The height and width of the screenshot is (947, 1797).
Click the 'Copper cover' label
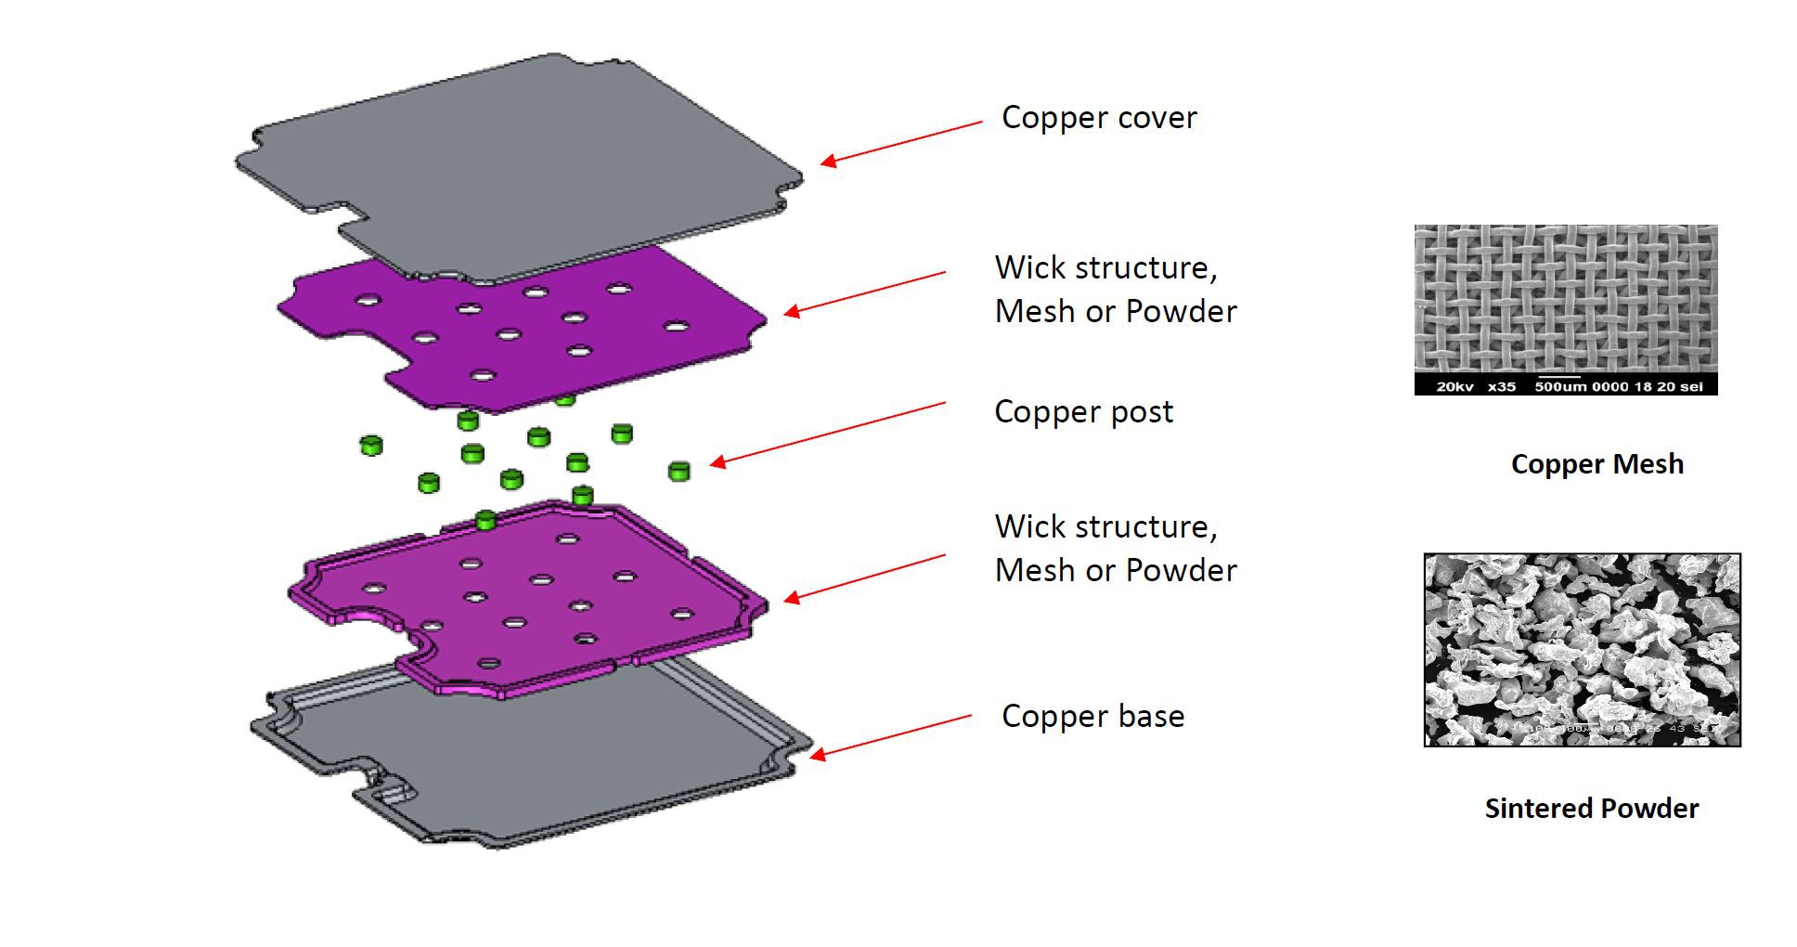pos(1098,118)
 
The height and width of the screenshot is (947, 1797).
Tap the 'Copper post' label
pos(1083,411)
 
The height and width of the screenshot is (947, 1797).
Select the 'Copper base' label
pos(1092,716)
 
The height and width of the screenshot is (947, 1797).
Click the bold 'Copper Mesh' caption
pos(1597,464)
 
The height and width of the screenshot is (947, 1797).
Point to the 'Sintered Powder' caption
pos(1591,809)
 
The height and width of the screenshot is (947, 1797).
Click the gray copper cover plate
pos(520,167)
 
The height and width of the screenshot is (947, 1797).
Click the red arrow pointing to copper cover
pos(900,144)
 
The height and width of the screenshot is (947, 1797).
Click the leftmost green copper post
pos(371,445)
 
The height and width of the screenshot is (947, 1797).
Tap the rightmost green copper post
pos(679,471)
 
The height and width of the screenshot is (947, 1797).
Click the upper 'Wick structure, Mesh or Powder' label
pos(1115,289)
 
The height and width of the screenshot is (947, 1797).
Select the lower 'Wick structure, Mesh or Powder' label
pos(1115,548)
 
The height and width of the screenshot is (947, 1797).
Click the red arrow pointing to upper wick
pos(864,293)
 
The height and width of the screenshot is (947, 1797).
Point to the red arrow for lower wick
pos(864,577)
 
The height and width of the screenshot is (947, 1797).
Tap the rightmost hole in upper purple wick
pos(676,327)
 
